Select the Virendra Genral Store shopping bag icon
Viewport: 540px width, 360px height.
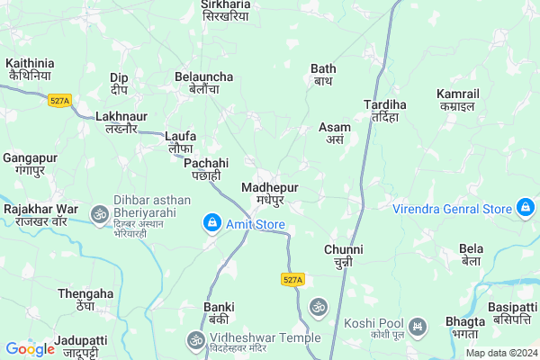click(x=525, y=210)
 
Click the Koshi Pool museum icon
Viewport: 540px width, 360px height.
click(x=417, y=326)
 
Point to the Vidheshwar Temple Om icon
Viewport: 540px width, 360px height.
click(x=193, y=338)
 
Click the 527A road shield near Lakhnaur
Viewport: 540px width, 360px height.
click(x=60, y=102)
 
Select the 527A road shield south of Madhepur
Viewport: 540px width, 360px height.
click(x=292, y=280)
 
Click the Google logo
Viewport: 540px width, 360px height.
click(x=30, y=349)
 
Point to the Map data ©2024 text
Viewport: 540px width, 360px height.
click(x=500, y=353)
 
